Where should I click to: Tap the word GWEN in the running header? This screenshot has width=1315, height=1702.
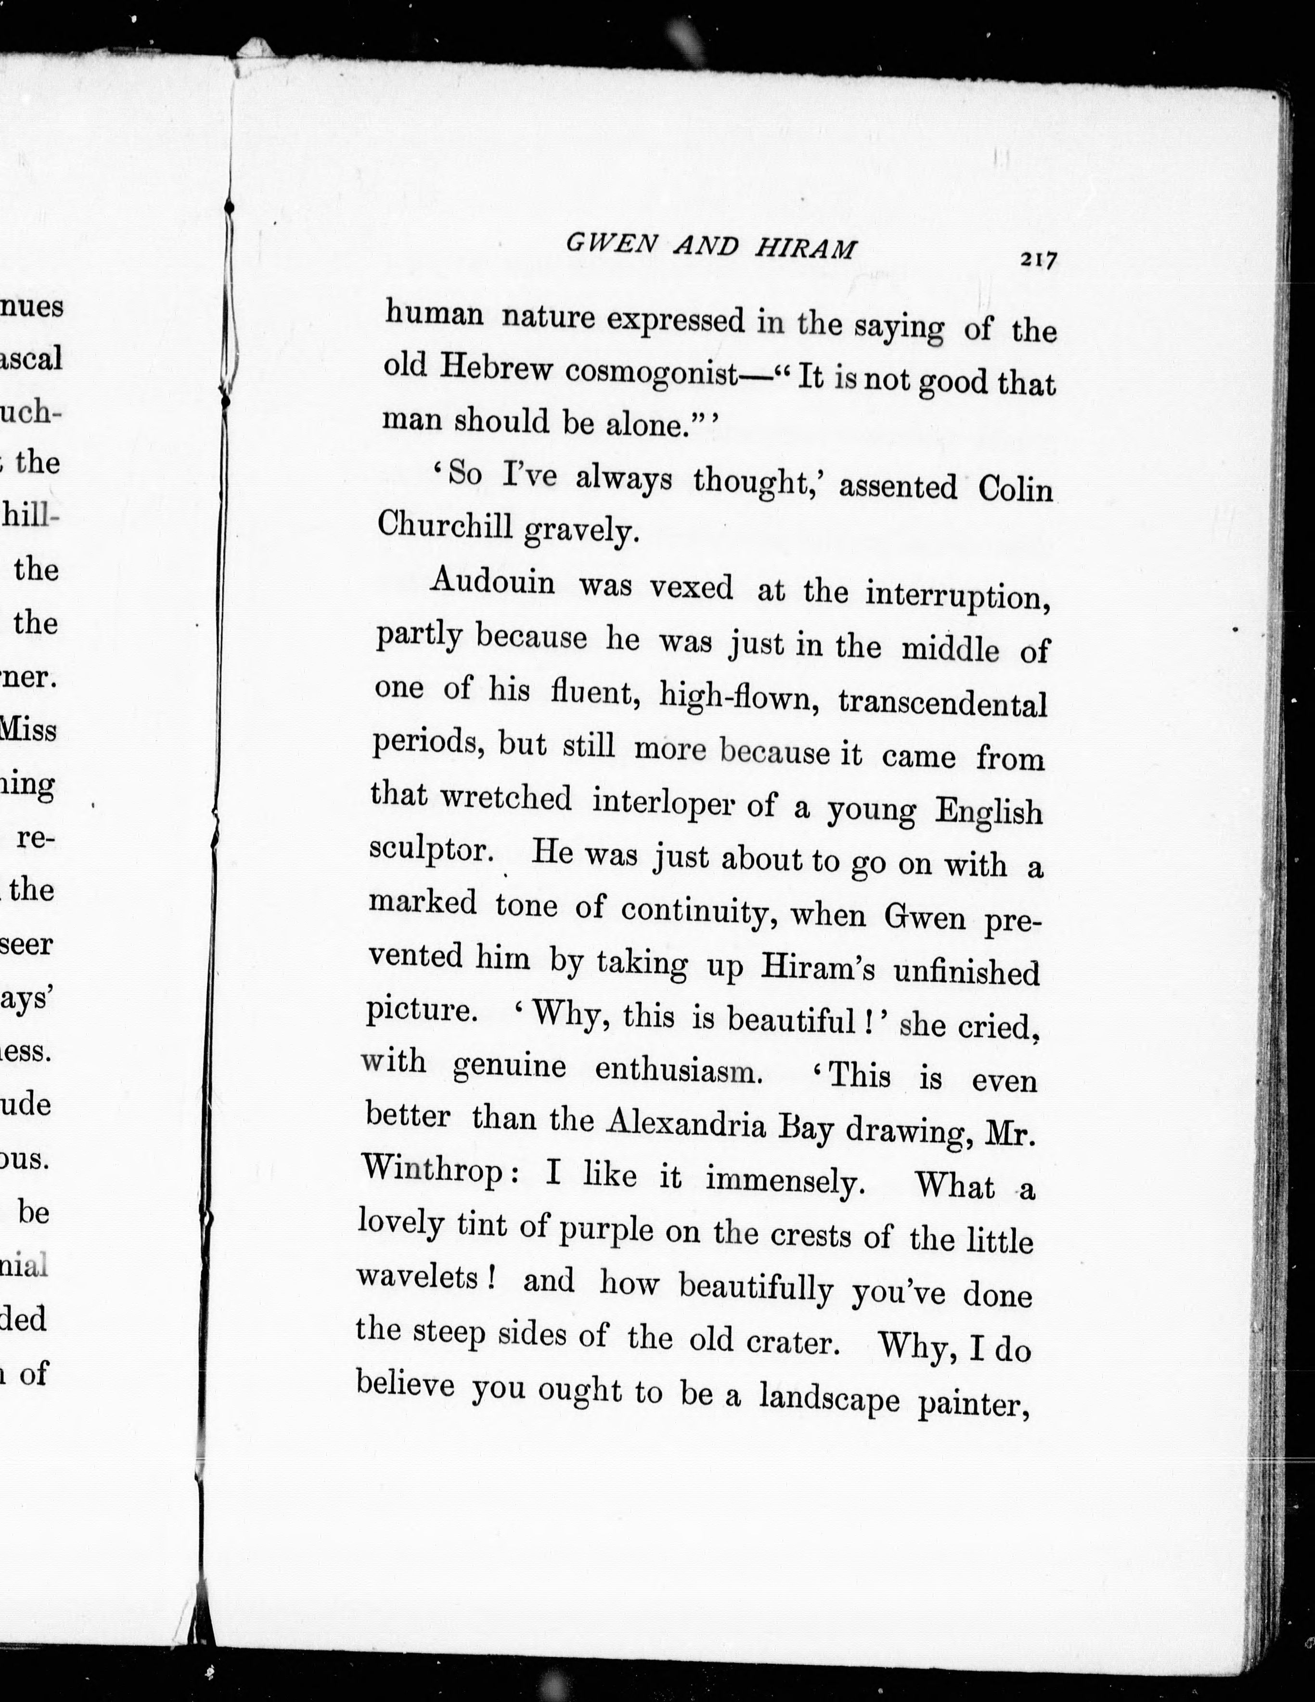click(x=609, y=245)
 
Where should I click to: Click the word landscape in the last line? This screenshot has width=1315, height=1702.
click(x=829, y=1400)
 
